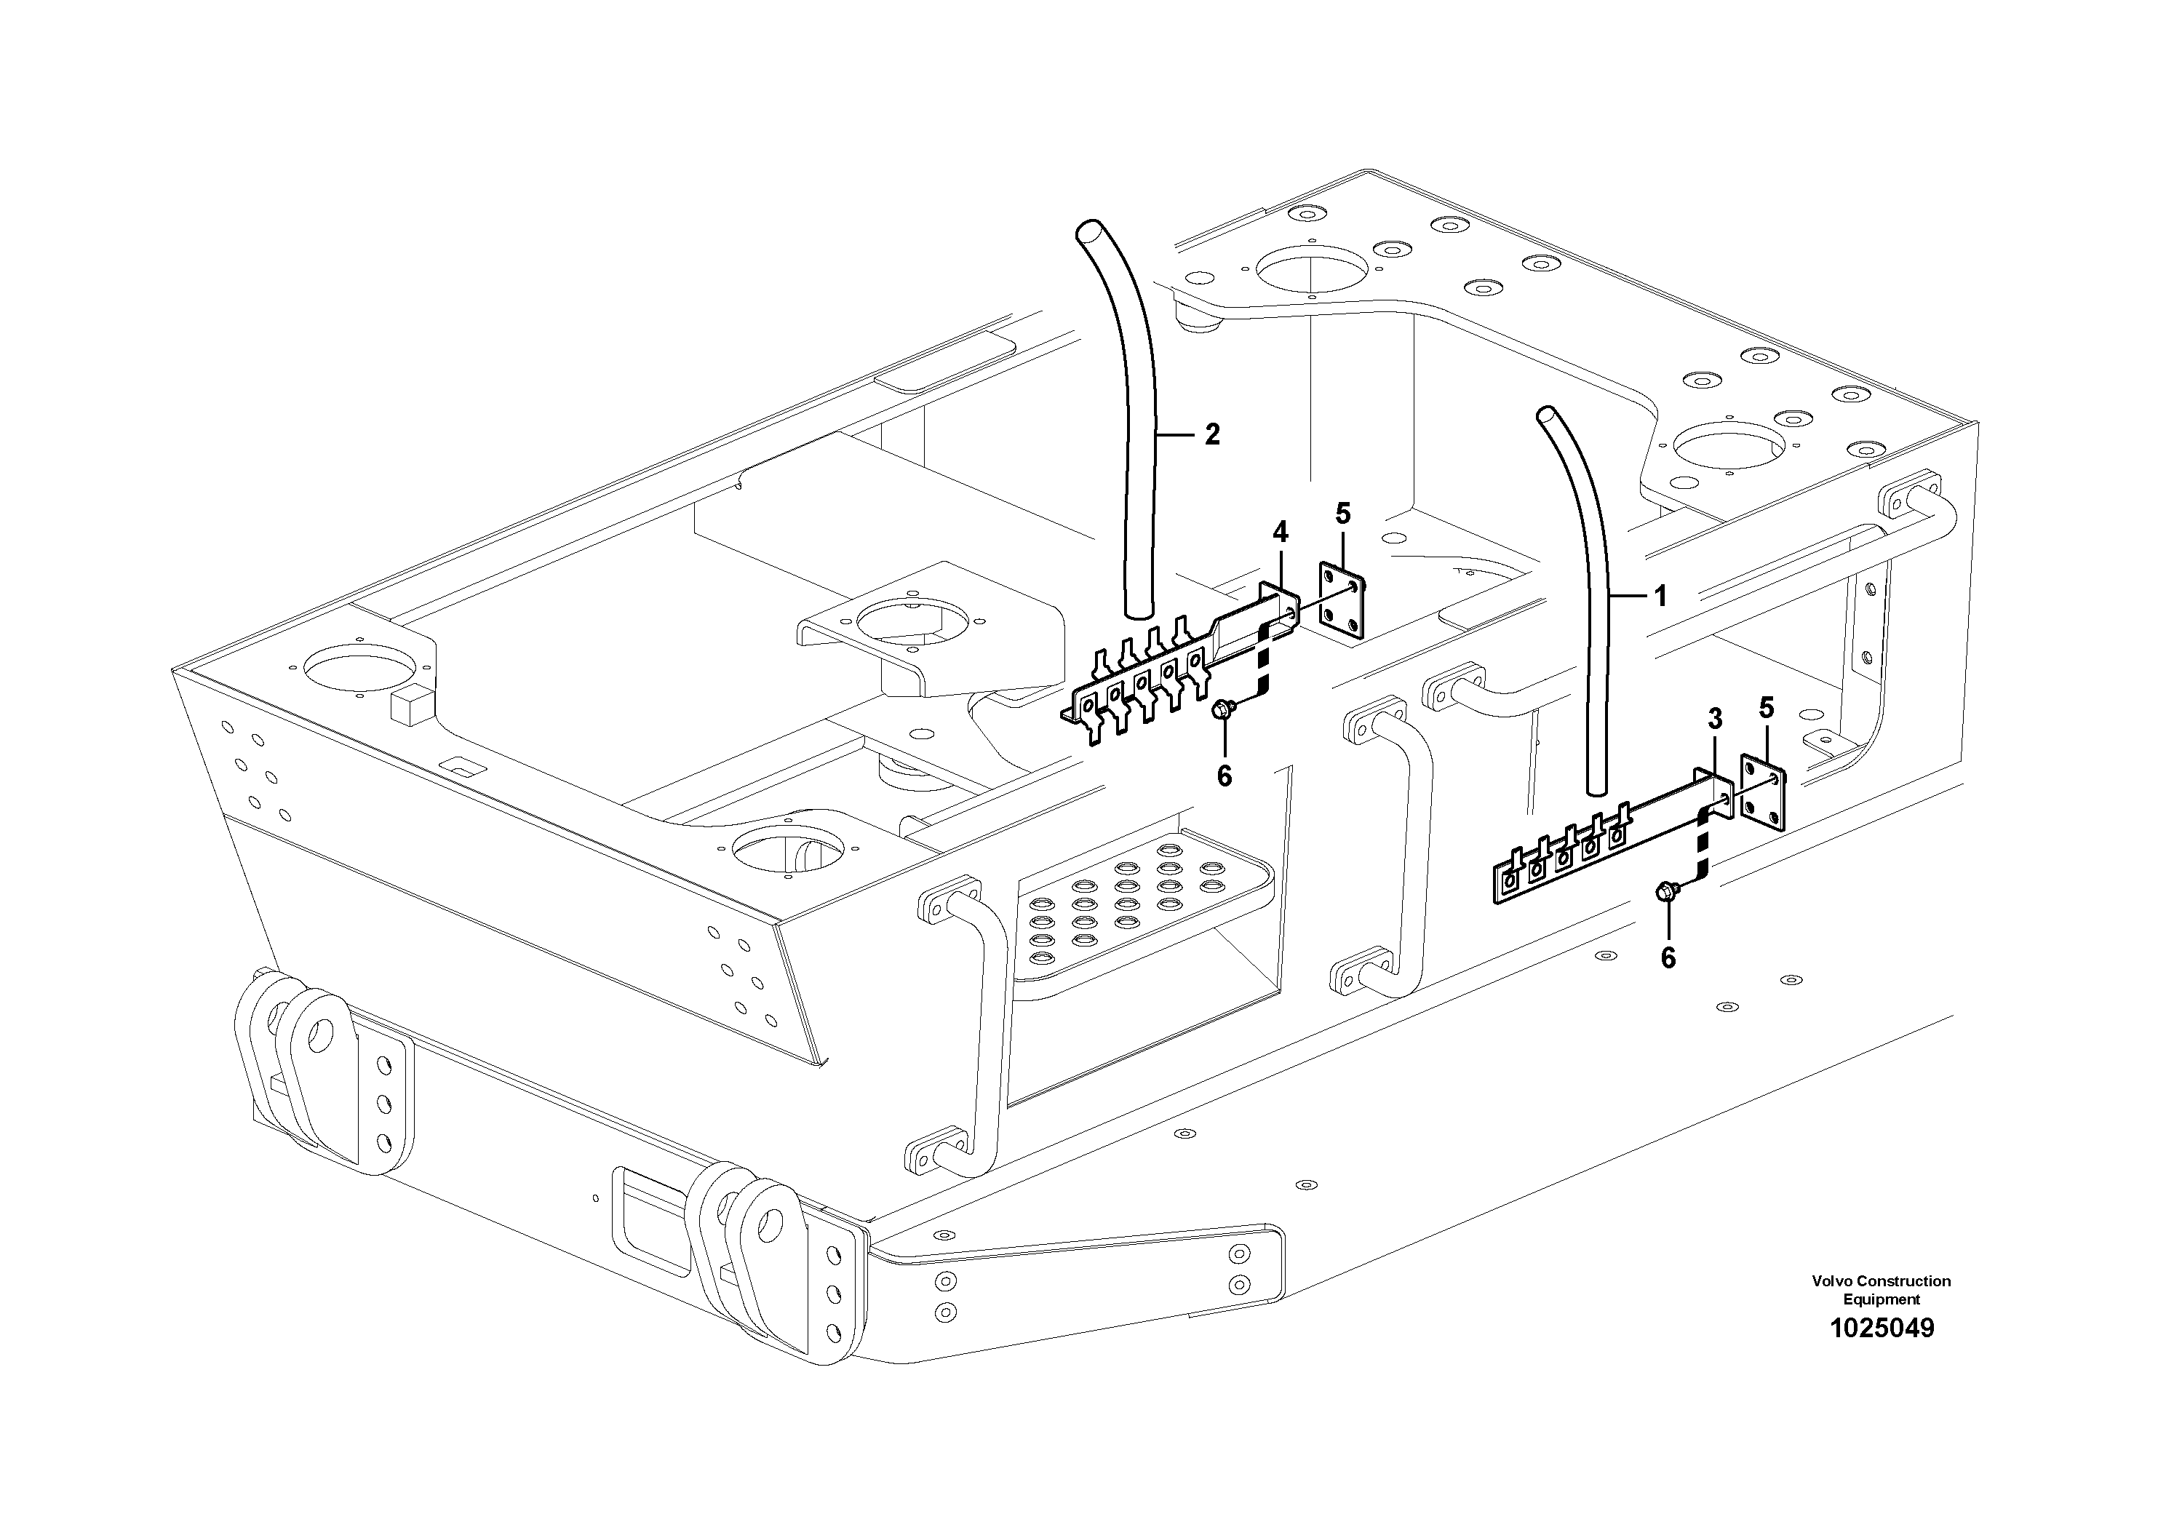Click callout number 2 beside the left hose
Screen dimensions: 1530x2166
click(x=1211, y=435)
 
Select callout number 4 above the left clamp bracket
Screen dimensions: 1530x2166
click(x=1280, y=533)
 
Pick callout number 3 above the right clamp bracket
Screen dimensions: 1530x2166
click(x=1714, y=720)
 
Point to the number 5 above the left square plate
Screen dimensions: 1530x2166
click(x=1343, y=514)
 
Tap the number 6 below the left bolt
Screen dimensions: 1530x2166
click(x=1225, y=776)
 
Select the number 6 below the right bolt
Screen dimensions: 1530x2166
click(x=1668, y=958)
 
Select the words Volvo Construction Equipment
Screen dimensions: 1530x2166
click(x=1880, y=1289)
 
